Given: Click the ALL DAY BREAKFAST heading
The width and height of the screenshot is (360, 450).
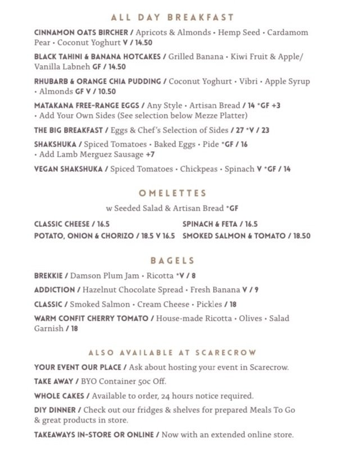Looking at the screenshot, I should click(180, 17).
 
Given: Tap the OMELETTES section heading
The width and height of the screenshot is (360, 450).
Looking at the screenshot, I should click(180, 193).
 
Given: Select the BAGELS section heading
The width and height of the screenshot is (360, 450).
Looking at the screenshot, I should click(180, 261).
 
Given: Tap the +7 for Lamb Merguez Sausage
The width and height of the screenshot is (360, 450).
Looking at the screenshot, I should click(150, 154).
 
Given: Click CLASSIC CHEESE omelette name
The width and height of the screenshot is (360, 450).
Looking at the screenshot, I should click(62, 224).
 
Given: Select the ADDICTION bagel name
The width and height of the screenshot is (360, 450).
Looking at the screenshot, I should click(54, 290).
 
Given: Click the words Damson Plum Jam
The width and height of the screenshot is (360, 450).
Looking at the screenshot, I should click(105, 276).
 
